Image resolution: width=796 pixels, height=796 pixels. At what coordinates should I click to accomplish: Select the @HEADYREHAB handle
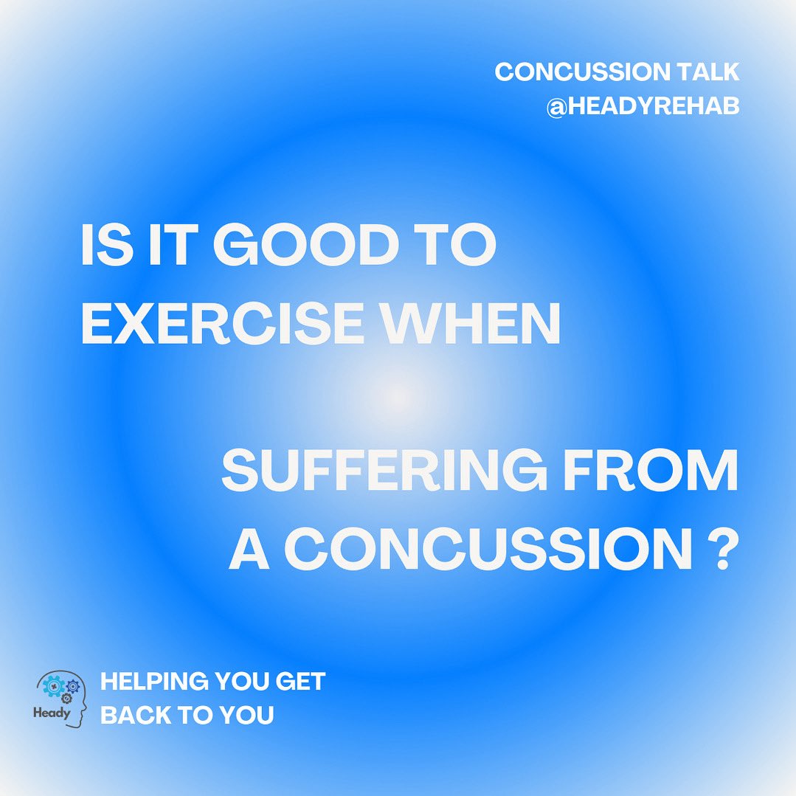click(643, 108)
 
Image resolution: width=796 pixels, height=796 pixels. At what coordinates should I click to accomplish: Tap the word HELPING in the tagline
click(152, 682)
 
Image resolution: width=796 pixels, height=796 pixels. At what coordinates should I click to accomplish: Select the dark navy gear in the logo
click(72, 687)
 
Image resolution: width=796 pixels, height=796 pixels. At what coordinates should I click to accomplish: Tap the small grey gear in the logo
click(66, 698)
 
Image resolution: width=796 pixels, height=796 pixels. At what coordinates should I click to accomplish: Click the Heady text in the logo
click(52, 713)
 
